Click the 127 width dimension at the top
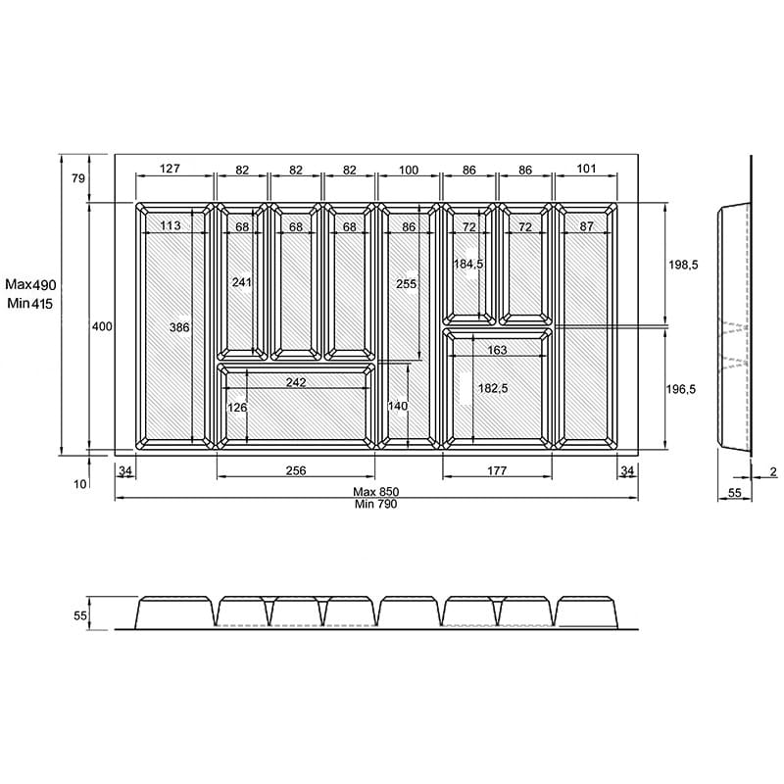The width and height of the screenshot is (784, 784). [x=170, y=169]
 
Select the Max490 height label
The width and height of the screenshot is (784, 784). [x=30, y=284]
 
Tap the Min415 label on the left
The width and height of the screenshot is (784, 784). [x=29, y=303]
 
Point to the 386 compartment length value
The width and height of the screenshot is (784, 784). [x=179, y=327]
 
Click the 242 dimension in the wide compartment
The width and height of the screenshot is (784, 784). [x=296, y=382]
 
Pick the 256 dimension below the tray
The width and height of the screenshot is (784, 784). [x=296, y=470]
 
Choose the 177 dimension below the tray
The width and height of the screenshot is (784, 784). [x=497, y=470]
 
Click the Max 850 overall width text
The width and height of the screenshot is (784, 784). [x=376, y=492]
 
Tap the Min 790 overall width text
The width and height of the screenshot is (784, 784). [x=376, y=504]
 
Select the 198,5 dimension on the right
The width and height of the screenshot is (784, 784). [x=683, y=265]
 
